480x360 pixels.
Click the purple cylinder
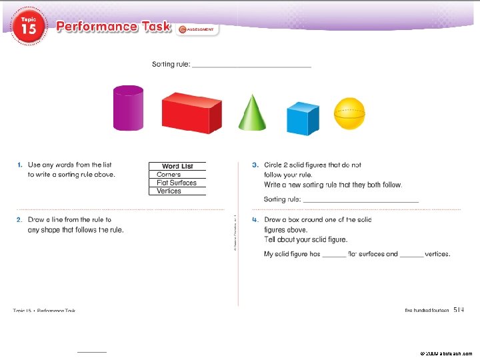pyautogui.click(x=127, y=108)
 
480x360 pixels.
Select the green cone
pyautogui.click(x=252, y=112)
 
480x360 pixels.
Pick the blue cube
pyautogui.click(x=303, y=119)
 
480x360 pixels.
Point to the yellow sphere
pyautogui.click(x=350, y=113)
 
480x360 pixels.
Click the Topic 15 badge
pyautogui.click(x=29, y=27)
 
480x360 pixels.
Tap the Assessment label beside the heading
pyautogui.click(x=197, y=30)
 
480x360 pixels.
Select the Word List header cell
pyautogui.click(x=177, y=166)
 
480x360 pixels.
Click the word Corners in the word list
pyautogui.click(x=169, y=175)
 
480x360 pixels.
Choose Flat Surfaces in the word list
pyautogui.click(x=177, y=183)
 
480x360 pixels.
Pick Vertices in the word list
pyautogui.click(x=169, y=191)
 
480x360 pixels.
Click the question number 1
pyautogui.click(x=20, y=165)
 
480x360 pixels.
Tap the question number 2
pyautogui.click(x=20, y=219)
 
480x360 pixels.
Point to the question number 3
pyautogui.click(x=255, y=165)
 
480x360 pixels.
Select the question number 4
pyautogui.click(x=255, y=219)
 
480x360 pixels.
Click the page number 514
pyautogui.click(x=459, y=309)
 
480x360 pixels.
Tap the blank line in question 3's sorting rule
pyautogui.click(x=361, y=200)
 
